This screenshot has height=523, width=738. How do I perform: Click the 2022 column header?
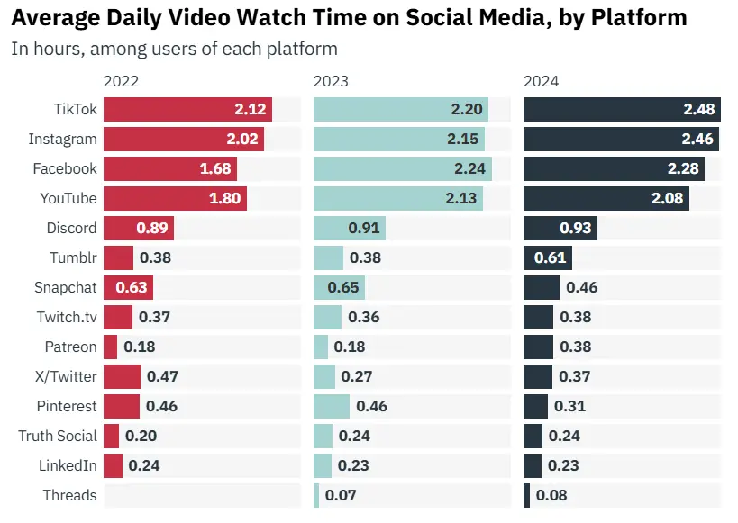121,81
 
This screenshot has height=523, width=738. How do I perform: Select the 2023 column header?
331,81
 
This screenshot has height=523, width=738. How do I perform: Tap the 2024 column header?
541,81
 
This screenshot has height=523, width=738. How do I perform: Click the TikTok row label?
75,110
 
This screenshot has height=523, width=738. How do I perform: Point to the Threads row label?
69,495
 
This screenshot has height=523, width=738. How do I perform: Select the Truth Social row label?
58,436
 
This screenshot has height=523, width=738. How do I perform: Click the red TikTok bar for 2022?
187,110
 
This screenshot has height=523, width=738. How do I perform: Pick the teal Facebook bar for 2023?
402,169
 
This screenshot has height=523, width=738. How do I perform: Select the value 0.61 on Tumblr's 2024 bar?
550,258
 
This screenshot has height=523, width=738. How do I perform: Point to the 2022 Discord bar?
138,229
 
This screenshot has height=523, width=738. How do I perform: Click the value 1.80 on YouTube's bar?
223,199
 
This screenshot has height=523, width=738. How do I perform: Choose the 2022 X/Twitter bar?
122,376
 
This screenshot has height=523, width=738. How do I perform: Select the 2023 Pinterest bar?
332,406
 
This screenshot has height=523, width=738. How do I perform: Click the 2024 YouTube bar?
606,199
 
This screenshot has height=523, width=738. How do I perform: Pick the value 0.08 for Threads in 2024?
551,495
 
